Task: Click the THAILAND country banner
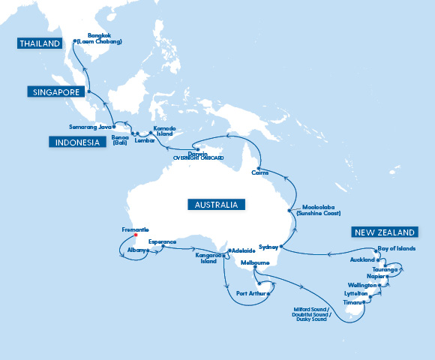[x=40, y=44]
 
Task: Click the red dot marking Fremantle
[x=136, y=235]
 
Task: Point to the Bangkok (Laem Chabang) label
[x=104, y=38]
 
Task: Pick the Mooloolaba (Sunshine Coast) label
[x=319, y=210]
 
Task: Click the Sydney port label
[x=268, y=246]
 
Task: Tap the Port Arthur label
[x=248, y=293]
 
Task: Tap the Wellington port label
[x=361, y=285]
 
